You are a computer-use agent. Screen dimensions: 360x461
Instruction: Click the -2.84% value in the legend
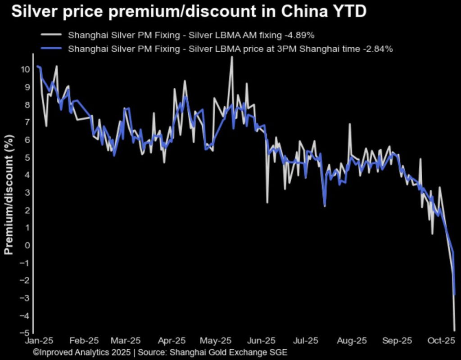378,49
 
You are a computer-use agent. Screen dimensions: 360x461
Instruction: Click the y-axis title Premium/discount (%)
9,194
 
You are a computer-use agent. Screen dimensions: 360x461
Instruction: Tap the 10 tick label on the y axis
25,69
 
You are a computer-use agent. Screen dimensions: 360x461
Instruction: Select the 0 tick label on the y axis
27,245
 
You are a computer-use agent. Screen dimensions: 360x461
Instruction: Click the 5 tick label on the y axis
27,157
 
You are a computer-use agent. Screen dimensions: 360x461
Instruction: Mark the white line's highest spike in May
232,57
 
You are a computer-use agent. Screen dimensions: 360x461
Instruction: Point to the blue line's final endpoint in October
455,295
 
